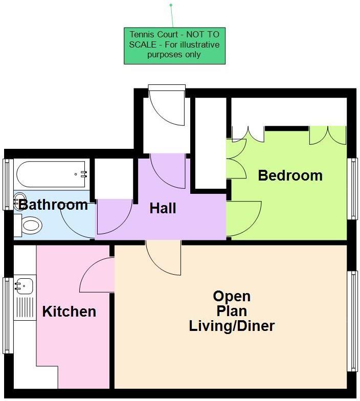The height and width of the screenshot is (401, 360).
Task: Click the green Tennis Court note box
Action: [x=174, y=46]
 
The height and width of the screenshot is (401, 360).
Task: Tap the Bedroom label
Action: [x=290, y=175]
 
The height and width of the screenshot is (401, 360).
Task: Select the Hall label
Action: [x=163, y=208]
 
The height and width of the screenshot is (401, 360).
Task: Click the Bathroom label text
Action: [x=53, y=205]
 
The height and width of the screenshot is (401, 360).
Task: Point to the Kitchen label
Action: [x=69, y=311]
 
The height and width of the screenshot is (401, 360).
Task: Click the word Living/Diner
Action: [x=232, y=325]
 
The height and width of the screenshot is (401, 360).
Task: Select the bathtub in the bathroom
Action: [x=51, y=174]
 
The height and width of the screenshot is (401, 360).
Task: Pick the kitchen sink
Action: [x=24, y=286]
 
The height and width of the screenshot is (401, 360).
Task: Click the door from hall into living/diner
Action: [x=164, y=257]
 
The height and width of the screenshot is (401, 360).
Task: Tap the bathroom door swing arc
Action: [x=77, y=220]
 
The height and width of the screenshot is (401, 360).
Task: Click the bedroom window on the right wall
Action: [x=352, y=188]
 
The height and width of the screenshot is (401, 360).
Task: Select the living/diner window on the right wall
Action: [x=352, y=321]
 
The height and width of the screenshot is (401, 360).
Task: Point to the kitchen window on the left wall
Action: [x=7, y=315]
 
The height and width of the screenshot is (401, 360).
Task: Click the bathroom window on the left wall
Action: [x=7, y=184]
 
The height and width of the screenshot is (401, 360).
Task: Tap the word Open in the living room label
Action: [x=232, y=296]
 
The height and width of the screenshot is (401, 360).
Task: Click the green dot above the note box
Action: [x=171, y=5]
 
